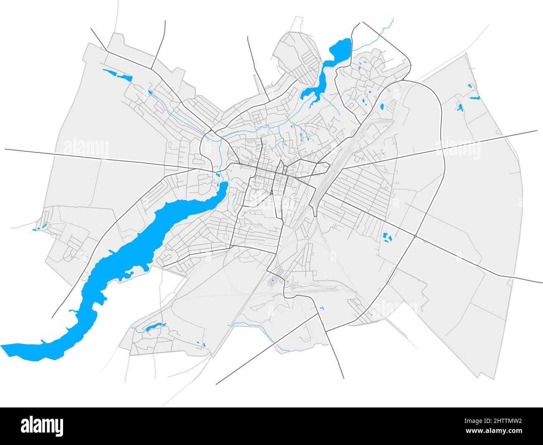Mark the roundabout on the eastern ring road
tap(415, 236)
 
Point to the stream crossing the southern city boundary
tap(271, 337)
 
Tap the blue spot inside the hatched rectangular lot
tap(272, 282)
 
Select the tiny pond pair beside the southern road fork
tap(321, 308)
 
